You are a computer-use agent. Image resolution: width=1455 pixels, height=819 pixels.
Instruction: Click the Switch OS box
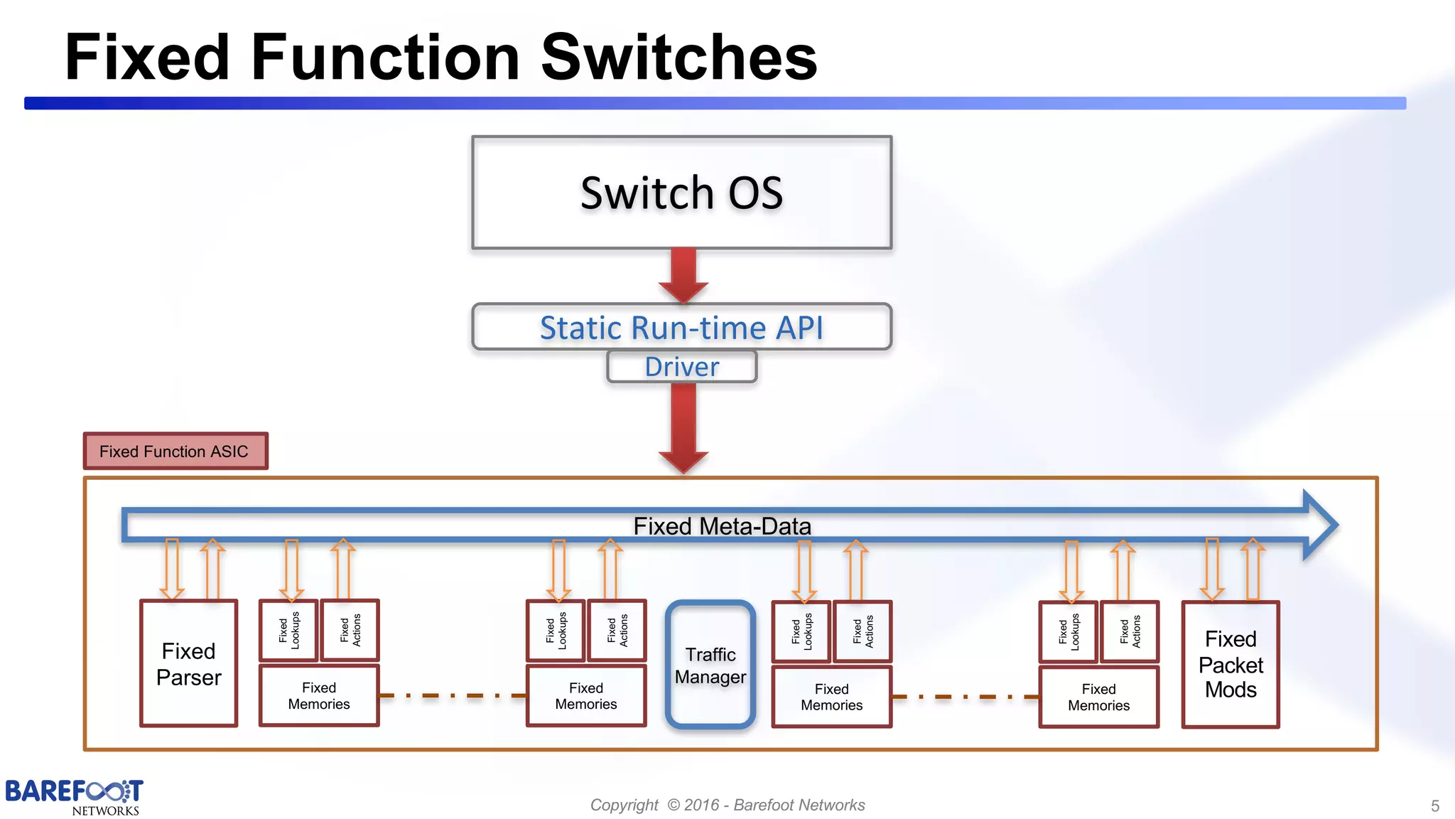681,193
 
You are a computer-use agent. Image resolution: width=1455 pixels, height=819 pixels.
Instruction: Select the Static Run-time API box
681,327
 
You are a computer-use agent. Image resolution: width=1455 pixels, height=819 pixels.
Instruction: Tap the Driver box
681,367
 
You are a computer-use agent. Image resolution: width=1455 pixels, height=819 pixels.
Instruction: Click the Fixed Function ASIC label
175,451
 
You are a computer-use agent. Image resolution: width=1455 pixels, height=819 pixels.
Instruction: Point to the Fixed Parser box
188,664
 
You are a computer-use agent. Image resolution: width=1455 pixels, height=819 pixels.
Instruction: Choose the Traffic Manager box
710,665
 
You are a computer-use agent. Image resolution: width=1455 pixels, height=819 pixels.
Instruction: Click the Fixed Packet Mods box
1230,665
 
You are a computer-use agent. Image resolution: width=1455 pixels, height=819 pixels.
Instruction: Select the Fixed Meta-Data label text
722,526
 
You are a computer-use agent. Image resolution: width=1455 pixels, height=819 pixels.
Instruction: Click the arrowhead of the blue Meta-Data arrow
1321,525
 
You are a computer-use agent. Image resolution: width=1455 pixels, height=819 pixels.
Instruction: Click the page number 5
1434,805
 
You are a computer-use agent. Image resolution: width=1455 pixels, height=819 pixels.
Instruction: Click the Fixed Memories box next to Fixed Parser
319,695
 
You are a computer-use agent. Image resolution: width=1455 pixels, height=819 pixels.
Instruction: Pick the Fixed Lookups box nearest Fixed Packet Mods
1068,631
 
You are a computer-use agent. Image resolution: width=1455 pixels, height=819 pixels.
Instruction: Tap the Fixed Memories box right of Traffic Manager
831,697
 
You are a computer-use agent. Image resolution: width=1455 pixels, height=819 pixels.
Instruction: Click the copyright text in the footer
727,805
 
